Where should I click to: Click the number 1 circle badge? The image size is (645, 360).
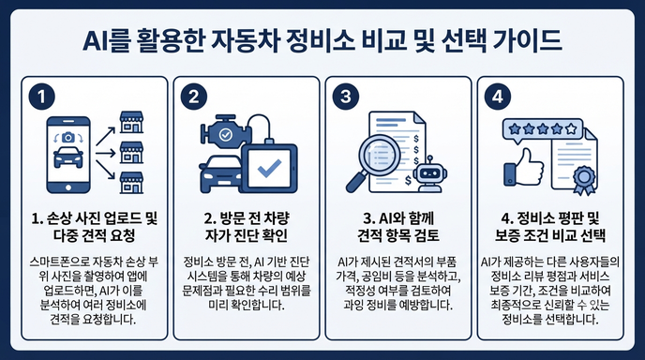pos(41,97)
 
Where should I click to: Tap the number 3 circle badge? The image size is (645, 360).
pos(346,97)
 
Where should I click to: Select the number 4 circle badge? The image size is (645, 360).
pos(498,97)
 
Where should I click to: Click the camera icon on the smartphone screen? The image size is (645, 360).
pos(68,138)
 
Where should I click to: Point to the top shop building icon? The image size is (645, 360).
pos(131,122)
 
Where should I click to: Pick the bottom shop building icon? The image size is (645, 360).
pos(131,183)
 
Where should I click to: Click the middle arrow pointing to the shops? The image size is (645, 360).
pos(106,154)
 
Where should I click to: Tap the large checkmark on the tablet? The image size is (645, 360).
pos(269,168)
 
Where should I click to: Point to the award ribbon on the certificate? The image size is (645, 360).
pos(584,180)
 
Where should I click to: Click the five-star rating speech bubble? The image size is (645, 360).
pos(543,130)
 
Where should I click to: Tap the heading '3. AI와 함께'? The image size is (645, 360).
pos(398,218)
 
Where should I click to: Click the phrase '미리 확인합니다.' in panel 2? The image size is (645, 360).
pos(247,305)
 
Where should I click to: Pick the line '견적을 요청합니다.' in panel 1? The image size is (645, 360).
pos(93,320)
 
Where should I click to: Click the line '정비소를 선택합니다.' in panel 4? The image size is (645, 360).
pos(549,320)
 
